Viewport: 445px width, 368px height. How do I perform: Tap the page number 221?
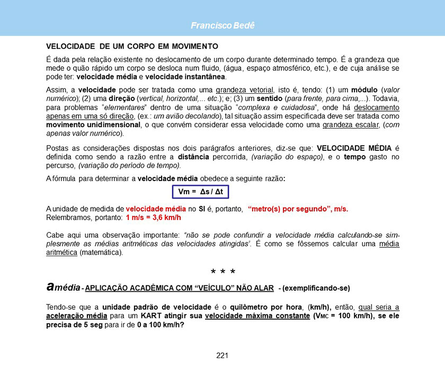pos(222,355)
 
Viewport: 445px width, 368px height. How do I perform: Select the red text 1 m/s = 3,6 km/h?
pos(154,218)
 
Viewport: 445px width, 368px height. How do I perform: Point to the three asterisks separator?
pos(222,273)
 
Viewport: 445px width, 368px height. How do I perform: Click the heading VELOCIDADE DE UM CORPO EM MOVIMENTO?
pos(132,46)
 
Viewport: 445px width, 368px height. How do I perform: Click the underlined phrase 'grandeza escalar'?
pos(350,125)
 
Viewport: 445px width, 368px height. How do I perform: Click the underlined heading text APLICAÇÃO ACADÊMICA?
pos(137,289)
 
